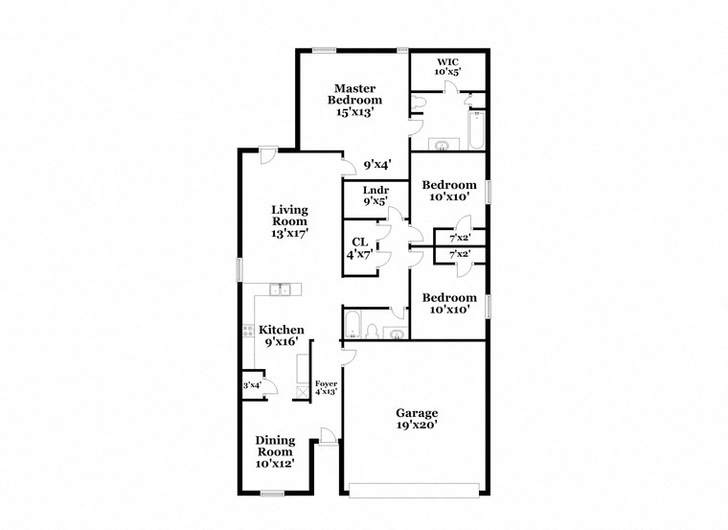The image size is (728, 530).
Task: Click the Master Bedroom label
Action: point(354,100)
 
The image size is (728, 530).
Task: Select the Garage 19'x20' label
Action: point(417,420)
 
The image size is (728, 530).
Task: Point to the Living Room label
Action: point(288,220)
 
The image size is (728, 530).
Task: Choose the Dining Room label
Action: point(275,451)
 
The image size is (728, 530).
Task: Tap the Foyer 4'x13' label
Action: point(327,388)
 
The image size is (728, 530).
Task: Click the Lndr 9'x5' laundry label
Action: point(375,196)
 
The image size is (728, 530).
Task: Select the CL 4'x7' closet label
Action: point(360,248)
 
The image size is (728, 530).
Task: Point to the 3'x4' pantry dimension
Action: point(252,385)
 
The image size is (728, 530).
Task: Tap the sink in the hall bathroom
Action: point(397,334)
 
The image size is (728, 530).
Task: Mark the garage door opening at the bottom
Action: point(413,490)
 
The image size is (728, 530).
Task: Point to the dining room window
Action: point(272,493)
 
